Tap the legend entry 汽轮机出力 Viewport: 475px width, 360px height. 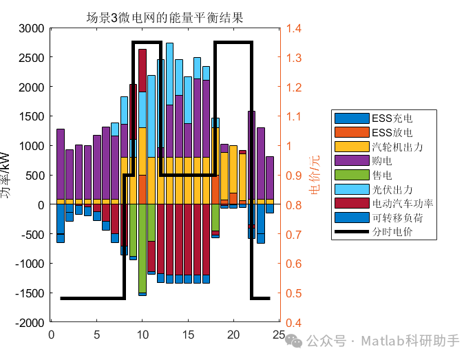pos(397,147)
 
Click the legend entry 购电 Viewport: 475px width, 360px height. pos(382,160)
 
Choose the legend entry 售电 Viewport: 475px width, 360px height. pos(382,175)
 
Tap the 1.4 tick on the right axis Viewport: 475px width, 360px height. pos(295,29)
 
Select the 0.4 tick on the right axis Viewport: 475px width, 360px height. pos(295,323)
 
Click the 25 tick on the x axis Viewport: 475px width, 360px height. pos(279,335)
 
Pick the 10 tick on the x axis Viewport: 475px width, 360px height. pos(142,335)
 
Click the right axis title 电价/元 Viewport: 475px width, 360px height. pos(315,176)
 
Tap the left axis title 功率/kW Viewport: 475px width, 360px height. pos(6,176)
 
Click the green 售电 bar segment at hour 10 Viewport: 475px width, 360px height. pos(142,248)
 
